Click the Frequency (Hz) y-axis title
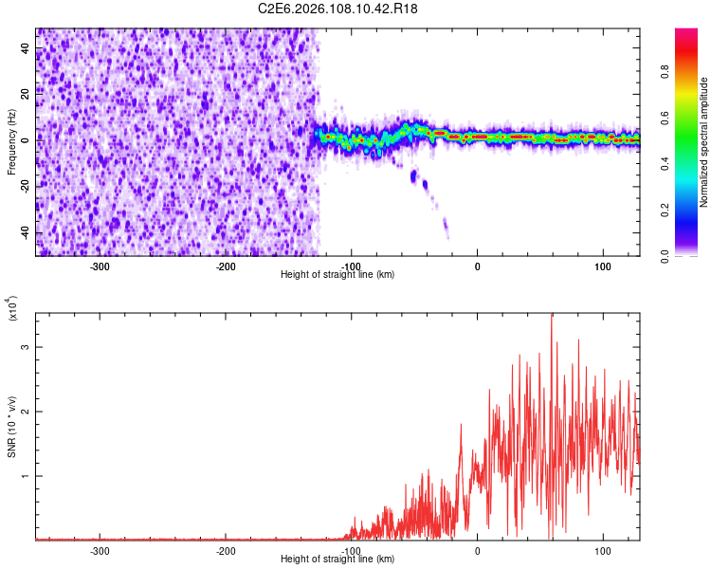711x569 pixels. [x=10, y=142]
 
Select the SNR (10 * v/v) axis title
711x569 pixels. [x=12, y=426]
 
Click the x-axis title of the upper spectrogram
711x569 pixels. [x=337, y=274]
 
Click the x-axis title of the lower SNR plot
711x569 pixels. [x=337, y=559]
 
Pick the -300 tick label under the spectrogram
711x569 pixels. [x=100, y=266]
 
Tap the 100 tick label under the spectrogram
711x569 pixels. [x=602, y=266]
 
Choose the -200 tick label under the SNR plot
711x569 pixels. [x=226, y=550]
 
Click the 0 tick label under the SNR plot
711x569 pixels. [x=477, y=550]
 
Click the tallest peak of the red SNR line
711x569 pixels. [x=552, y=317]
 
